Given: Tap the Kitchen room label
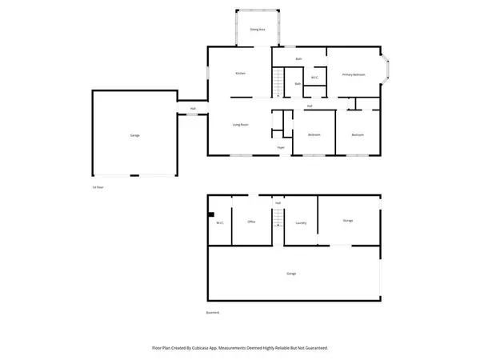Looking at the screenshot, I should [x=240, y=74].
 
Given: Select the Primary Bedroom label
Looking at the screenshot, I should [x=354, y=74].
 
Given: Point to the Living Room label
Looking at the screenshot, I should [x=239, y=124].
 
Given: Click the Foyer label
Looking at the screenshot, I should [x=281, y=147].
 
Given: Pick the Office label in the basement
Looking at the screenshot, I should [x=251, y=222].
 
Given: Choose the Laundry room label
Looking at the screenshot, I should [x=301, y=222].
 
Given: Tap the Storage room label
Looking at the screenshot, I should [x=348, y=220].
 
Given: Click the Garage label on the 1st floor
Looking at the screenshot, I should [x=135, y=135].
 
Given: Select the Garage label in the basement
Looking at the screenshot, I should [x=291, y=274].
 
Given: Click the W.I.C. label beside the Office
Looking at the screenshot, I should [x=219, y=222].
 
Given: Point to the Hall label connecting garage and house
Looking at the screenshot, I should [x=193, y=109].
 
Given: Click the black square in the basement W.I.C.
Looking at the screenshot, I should [x=210, y=214].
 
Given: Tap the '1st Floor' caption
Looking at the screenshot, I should [x=98, y=186].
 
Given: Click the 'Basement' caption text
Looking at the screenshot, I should [x=213, y=312].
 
